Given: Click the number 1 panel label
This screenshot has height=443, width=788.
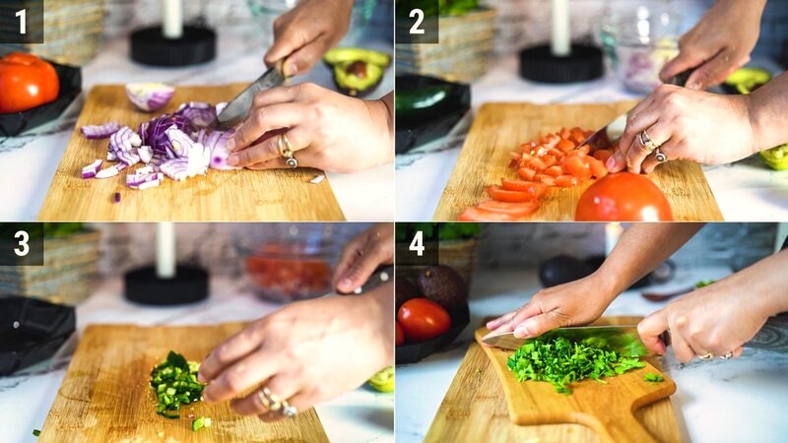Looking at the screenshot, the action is click(x=21, y=21).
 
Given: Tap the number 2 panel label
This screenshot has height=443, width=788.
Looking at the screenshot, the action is click(x=417, y=21).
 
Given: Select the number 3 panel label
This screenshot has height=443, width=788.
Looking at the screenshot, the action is click(x=21, y=243).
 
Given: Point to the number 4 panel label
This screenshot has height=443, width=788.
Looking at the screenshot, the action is click(x=417, y=243).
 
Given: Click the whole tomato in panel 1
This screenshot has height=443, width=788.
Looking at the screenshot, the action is click(x=28, y=82).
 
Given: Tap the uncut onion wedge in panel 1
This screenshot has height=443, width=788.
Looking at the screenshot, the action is click(x=150, y=95).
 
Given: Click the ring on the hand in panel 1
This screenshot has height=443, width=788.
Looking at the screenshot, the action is click(x=288, y=150).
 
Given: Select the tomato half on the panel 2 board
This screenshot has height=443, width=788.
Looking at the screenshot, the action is click(x=624, y=198).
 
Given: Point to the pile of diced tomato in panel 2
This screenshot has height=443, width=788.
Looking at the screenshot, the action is click(x=558, y=156).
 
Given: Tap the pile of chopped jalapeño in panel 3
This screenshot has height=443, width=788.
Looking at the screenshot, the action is click(x=176, y=384).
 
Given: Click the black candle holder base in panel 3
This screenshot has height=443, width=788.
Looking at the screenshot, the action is click(x=166, y=285).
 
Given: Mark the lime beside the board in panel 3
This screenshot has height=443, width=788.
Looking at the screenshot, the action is click(x=382, y=379).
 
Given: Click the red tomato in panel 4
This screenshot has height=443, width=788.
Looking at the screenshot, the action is click(x=424, y=319).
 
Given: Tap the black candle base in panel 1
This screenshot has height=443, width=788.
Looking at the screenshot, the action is click(x=173, y=45).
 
